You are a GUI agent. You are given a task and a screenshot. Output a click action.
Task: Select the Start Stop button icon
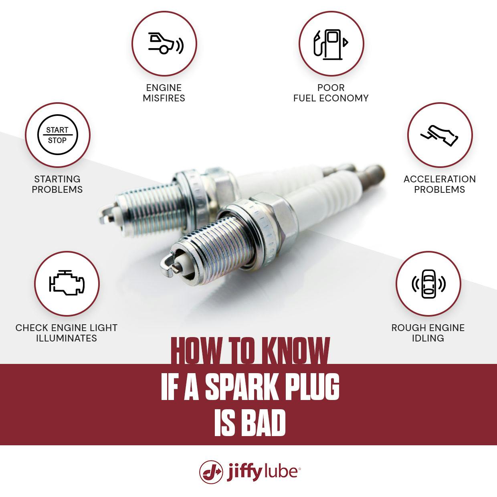coord(57,135)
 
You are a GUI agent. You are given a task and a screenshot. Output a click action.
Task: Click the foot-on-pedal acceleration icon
coord(440,135)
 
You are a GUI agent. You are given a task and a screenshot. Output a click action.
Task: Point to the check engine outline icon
coord(67,284)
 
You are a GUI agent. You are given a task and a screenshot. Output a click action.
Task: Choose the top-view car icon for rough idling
coord(428,284)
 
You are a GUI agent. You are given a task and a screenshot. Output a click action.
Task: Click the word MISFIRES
coord(164,98)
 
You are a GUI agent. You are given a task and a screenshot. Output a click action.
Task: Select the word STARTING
coord(57,179)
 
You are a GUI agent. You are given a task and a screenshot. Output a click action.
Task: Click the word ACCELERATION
coord(440,179)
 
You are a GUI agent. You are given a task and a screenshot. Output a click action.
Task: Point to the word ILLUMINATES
coord(67,338)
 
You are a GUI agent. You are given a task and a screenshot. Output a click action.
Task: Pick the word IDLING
coord(428,338)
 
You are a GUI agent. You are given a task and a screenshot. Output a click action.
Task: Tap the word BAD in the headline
coord(265,424)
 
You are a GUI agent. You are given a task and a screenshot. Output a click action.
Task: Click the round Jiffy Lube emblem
coord(211,472)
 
